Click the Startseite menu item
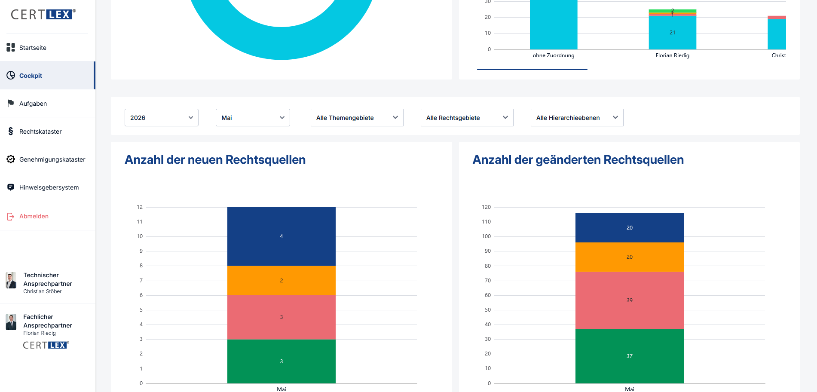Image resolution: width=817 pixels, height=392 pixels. pyautogui.click(x=33, y=48)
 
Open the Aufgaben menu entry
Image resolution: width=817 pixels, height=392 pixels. pyautogui.click(x=33, y=104)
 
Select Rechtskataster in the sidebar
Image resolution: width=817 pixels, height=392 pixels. pyautogui.click(x=40, y=132)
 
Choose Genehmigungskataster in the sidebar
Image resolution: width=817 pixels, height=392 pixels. pyautogui.click(x=52, y=159)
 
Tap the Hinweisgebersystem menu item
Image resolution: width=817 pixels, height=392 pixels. pyautogui.click(x=49, y=187)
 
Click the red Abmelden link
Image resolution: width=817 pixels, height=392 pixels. pyautogui.click(x=34, y=216)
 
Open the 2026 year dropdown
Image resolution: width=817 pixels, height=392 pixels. pyautogui.click(x=162, y=118)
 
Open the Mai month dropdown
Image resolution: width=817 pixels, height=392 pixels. pyautogui.click(x=253, y=118)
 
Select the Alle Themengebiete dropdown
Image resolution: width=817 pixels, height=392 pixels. pyautogui.click(x=357, y=118)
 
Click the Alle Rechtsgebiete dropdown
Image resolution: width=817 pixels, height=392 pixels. pyautogui.click(x=467, y=118)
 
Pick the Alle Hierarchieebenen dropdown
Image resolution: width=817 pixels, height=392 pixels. pyautogui.click(x=577, y=118)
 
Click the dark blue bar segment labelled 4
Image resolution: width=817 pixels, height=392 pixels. pyautogui.click(x=282, y=236)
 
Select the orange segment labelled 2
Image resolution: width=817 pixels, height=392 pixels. pyautogui.click(x=282, y=281)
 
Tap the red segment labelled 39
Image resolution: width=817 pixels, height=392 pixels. pyautogui.click(x=630, y=300)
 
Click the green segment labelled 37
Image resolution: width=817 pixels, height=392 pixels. pyautogui.click(x=630, y=356)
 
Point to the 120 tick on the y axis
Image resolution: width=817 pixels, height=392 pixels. pyautogui.click(x=486, y=207)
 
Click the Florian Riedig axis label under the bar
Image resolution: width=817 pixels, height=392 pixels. pyautogui.click(x=672, y=55)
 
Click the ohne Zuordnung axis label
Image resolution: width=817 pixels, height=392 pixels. pyautogui.click(x=554, y=55)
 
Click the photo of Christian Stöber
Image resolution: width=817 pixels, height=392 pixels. pyautogui.click(x=11, y=280)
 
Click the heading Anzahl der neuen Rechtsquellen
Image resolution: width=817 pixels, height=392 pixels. pyautogui.click(x=215, y=160)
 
